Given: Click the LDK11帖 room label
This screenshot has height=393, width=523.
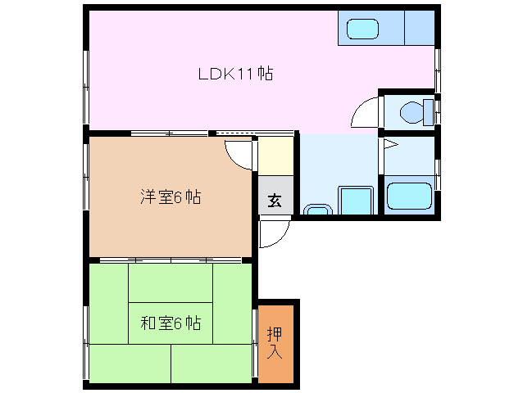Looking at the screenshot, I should click(235, 74).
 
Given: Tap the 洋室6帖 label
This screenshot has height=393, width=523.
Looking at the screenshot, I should click(171, 196).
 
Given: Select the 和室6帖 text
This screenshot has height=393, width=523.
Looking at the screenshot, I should click(171, 323).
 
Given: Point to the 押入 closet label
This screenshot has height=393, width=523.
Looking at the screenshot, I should click(275, 345).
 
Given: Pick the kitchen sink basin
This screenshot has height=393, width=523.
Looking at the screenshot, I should click(362, 29).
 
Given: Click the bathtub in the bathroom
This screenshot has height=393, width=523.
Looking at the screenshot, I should click(409, 196).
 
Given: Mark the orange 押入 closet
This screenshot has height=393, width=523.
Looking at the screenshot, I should click(275, 344).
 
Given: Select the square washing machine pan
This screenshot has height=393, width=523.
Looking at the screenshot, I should click(355, 200).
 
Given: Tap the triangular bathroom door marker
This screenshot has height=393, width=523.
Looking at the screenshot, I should click(389, 147).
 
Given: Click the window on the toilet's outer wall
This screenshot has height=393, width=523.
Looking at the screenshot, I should click(438, 111).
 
